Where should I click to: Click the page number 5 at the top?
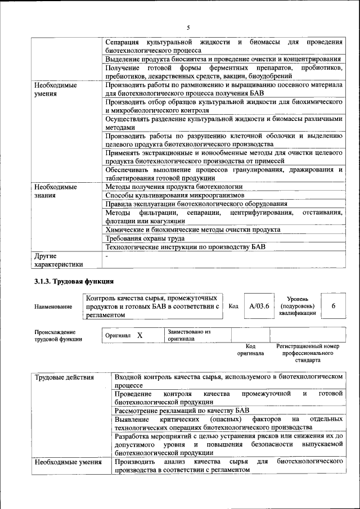188,27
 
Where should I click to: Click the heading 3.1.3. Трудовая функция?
74,281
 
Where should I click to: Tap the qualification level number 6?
334,305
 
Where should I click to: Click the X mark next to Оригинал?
139,335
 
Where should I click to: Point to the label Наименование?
53,307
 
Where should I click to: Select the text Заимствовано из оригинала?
188,335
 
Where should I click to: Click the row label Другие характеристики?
58,260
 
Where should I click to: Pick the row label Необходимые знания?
55,191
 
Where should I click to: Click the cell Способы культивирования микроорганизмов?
175,195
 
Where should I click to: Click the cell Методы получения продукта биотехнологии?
174,186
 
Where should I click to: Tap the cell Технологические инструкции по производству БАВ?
186,247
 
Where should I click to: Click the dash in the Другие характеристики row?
107,256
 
